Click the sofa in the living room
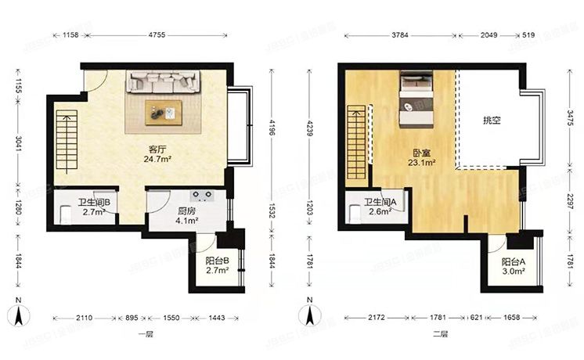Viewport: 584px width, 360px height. click(164, 81)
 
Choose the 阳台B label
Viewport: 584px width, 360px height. click(217, 261)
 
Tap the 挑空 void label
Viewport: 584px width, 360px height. click(491, 121)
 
